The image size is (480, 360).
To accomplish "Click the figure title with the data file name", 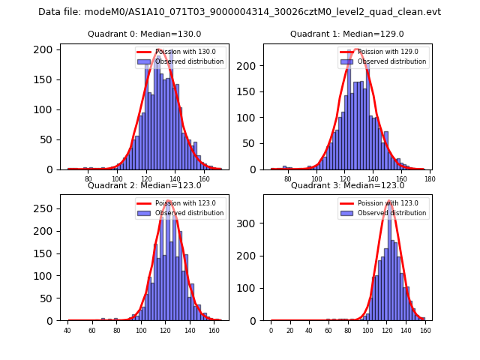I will click(239, 12).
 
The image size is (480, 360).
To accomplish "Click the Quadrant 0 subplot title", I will click(144, 34).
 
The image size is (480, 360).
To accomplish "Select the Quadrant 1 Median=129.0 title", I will click(346, 34).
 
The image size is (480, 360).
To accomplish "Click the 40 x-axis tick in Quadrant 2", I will click(67, 331).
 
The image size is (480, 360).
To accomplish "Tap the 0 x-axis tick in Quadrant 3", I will click(271, 331).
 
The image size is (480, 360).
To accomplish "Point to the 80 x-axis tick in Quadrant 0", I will click(88, 179).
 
